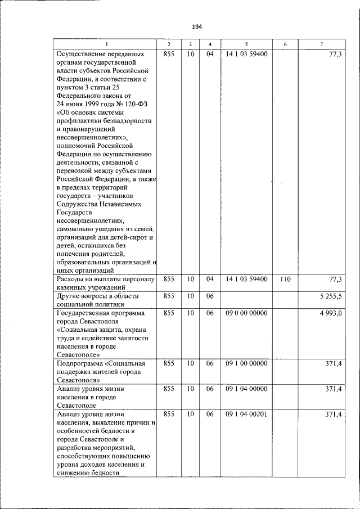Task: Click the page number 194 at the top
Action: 197,26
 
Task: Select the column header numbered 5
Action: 246,44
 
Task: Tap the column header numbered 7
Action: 321,44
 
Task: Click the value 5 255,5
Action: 331,296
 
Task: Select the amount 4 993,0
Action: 331,313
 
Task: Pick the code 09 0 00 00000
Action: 246,313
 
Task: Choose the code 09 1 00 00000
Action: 246,363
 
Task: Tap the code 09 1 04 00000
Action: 246,389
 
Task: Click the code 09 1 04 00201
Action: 246,414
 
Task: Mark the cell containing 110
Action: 285,279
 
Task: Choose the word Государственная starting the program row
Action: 85,313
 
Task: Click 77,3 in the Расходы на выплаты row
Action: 335,279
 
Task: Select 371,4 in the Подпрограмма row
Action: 334,363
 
